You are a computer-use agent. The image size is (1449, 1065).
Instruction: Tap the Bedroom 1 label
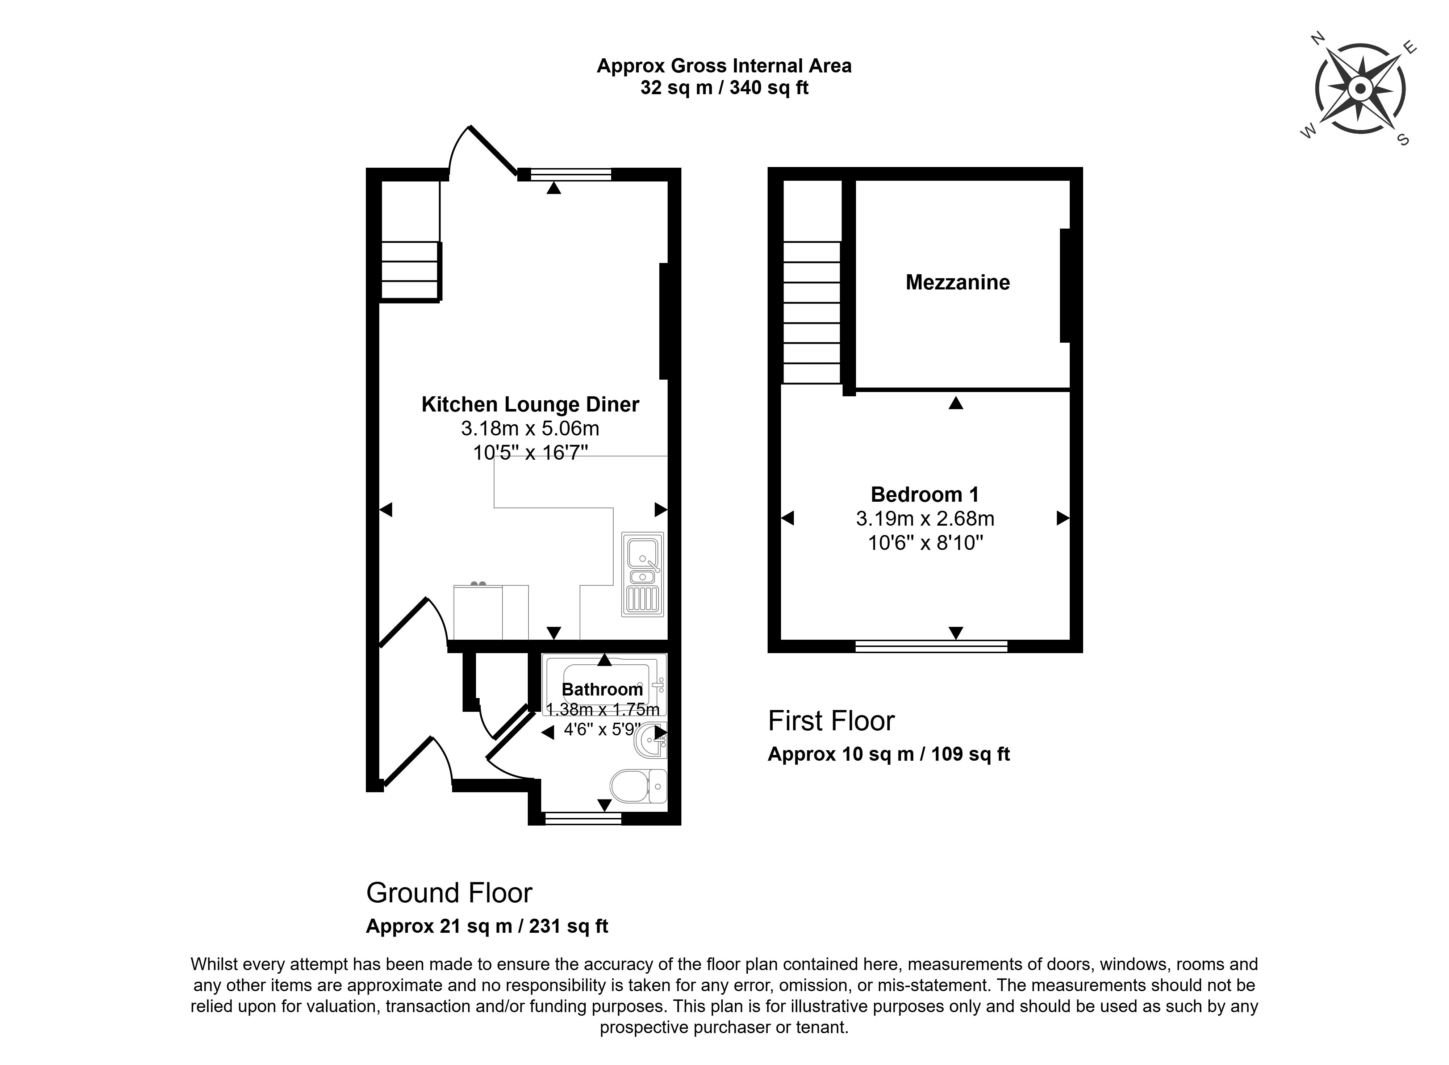[x=924, y=494]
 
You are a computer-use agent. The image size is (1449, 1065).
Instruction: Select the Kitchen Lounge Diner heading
[x=530, y=404]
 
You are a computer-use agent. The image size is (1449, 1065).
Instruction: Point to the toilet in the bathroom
[x=638, y=786]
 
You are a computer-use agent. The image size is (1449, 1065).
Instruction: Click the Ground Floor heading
[x=449, y=893]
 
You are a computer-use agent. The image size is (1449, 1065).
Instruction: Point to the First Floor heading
[x=831, y=721]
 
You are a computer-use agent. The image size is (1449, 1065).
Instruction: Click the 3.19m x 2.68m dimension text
[x=925, y=518]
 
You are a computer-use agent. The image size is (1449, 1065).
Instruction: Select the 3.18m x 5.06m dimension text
[x=530, y=428]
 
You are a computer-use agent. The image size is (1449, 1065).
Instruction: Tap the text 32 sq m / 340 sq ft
[x=724, y=88]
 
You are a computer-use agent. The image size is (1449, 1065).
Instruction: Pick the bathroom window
[x=583, y=818]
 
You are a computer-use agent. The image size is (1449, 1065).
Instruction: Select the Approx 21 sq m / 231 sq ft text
[x=487, y=926]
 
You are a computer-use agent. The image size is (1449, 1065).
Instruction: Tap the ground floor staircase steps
[x=410, y=271]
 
